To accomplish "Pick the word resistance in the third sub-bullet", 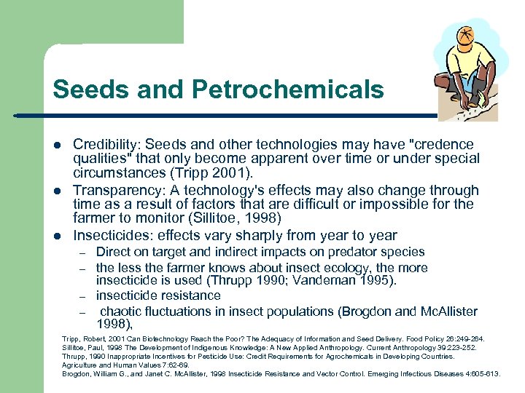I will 186,295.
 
